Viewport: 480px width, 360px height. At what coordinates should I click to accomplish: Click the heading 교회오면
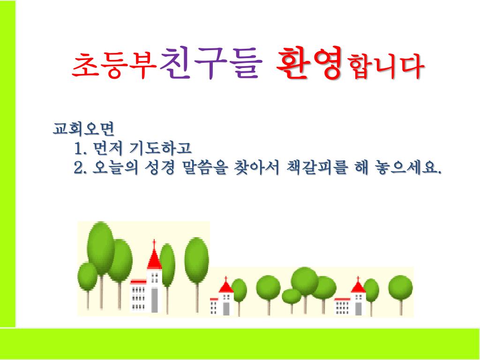83,129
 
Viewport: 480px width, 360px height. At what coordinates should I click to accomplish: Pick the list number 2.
80,168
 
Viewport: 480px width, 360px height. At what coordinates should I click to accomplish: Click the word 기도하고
160,148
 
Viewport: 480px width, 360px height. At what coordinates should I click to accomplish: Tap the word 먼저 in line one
108,148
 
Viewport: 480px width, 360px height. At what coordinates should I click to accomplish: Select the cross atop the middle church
226,279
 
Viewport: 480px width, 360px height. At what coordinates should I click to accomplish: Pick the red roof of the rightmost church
358,287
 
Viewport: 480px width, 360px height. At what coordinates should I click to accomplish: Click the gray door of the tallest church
155,300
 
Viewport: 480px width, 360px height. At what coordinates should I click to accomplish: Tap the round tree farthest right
400,287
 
